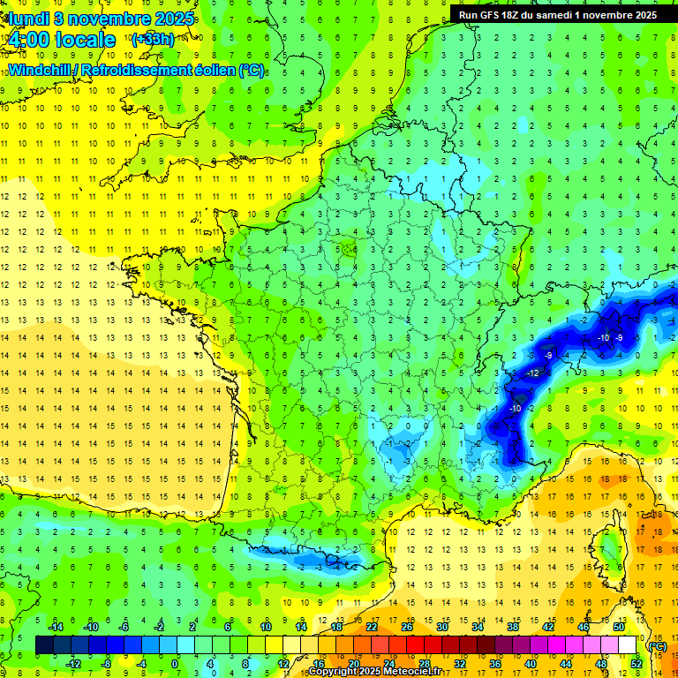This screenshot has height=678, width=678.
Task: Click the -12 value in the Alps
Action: click(x=533, y=373)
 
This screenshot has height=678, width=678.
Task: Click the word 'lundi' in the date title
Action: click(x=26, y=18)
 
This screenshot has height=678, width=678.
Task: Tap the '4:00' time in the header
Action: click(x=30, y=40)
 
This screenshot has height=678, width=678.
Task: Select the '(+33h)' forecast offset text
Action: click(x=152, y=39)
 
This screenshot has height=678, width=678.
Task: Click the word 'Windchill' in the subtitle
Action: click(x=41, y=69)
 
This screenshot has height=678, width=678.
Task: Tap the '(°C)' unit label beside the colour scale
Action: click(x=657, y=646)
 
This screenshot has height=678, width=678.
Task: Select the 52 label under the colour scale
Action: click(x=636, y=664)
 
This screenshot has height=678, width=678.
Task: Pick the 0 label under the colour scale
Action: click(x=174, y=664)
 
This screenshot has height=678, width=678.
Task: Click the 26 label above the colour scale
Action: click(x=407, y=626)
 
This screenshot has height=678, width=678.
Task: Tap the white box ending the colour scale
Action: click(x=628, y=645)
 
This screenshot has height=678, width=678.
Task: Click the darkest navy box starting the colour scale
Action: click(x=44, y=645)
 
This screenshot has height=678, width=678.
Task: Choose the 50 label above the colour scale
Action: click(x=619, y=626)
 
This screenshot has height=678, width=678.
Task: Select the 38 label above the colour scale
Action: click(x=513, y=626)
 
